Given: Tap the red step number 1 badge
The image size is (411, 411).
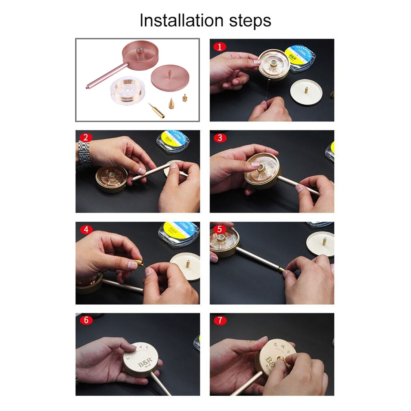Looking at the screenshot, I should [220, 47].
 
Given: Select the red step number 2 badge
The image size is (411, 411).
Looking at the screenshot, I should [86, 137].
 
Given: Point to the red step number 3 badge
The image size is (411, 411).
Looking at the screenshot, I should [220, 138].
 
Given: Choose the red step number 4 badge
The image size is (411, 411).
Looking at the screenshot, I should [86, 229].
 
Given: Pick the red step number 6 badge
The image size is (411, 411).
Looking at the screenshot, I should [86, 320].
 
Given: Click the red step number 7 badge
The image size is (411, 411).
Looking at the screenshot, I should [220, 320].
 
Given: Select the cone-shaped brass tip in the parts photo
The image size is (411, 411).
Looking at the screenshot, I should [171, 103].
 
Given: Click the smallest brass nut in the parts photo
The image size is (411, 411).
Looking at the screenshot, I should [184, 98].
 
